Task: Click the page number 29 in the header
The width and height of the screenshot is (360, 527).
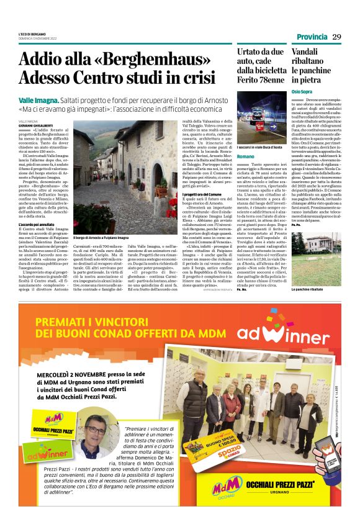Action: (337, 37)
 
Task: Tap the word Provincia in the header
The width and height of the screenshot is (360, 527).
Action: (312, 37)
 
